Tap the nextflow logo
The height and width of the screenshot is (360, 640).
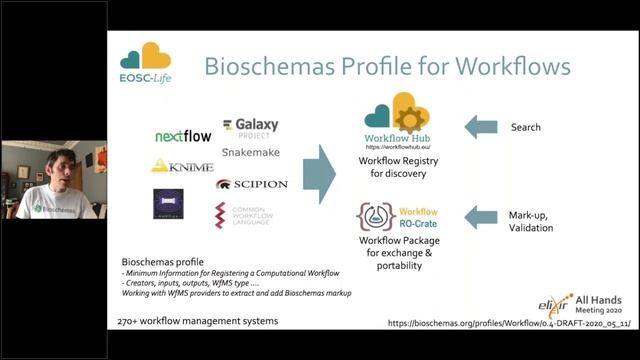(x=184, y=136)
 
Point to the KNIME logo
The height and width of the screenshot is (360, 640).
(x=183, y=165)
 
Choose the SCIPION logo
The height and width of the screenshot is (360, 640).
(x=251, y=184)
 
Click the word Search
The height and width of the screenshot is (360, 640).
(x=525, y=127)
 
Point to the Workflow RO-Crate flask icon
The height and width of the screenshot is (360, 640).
(x=375, y=217)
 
